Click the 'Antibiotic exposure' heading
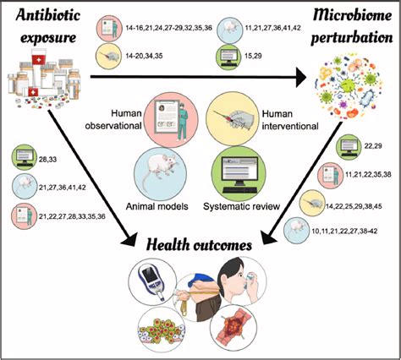pyautogui.click(x=49, y=25)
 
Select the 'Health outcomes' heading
pyautogui.click(x=200, y=245)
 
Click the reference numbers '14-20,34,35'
pyautogui.click(x=149, y=54)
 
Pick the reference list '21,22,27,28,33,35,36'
pyautogui.click(x=74, y=215)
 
